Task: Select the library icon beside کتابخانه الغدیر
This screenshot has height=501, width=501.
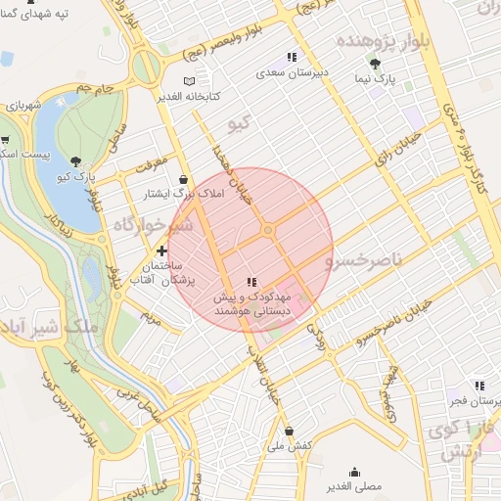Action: click(189, 80)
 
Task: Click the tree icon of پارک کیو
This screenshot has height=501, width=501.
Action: click(77, 160)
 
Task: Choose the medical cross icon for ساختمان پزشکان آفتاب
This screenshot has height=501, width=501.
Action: click(161, 251)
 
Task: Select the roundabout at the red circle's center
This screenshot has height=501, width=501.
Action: click(268, 231)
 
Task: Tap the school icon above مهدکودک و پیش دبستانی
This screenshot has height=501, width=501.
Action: click(251, 282)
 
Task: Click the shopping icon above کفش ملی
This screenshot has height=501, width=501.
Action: click(289, 430)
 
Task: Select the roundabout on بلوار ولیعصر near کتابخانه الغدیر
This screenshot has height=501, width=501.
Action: click(146, 68)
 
